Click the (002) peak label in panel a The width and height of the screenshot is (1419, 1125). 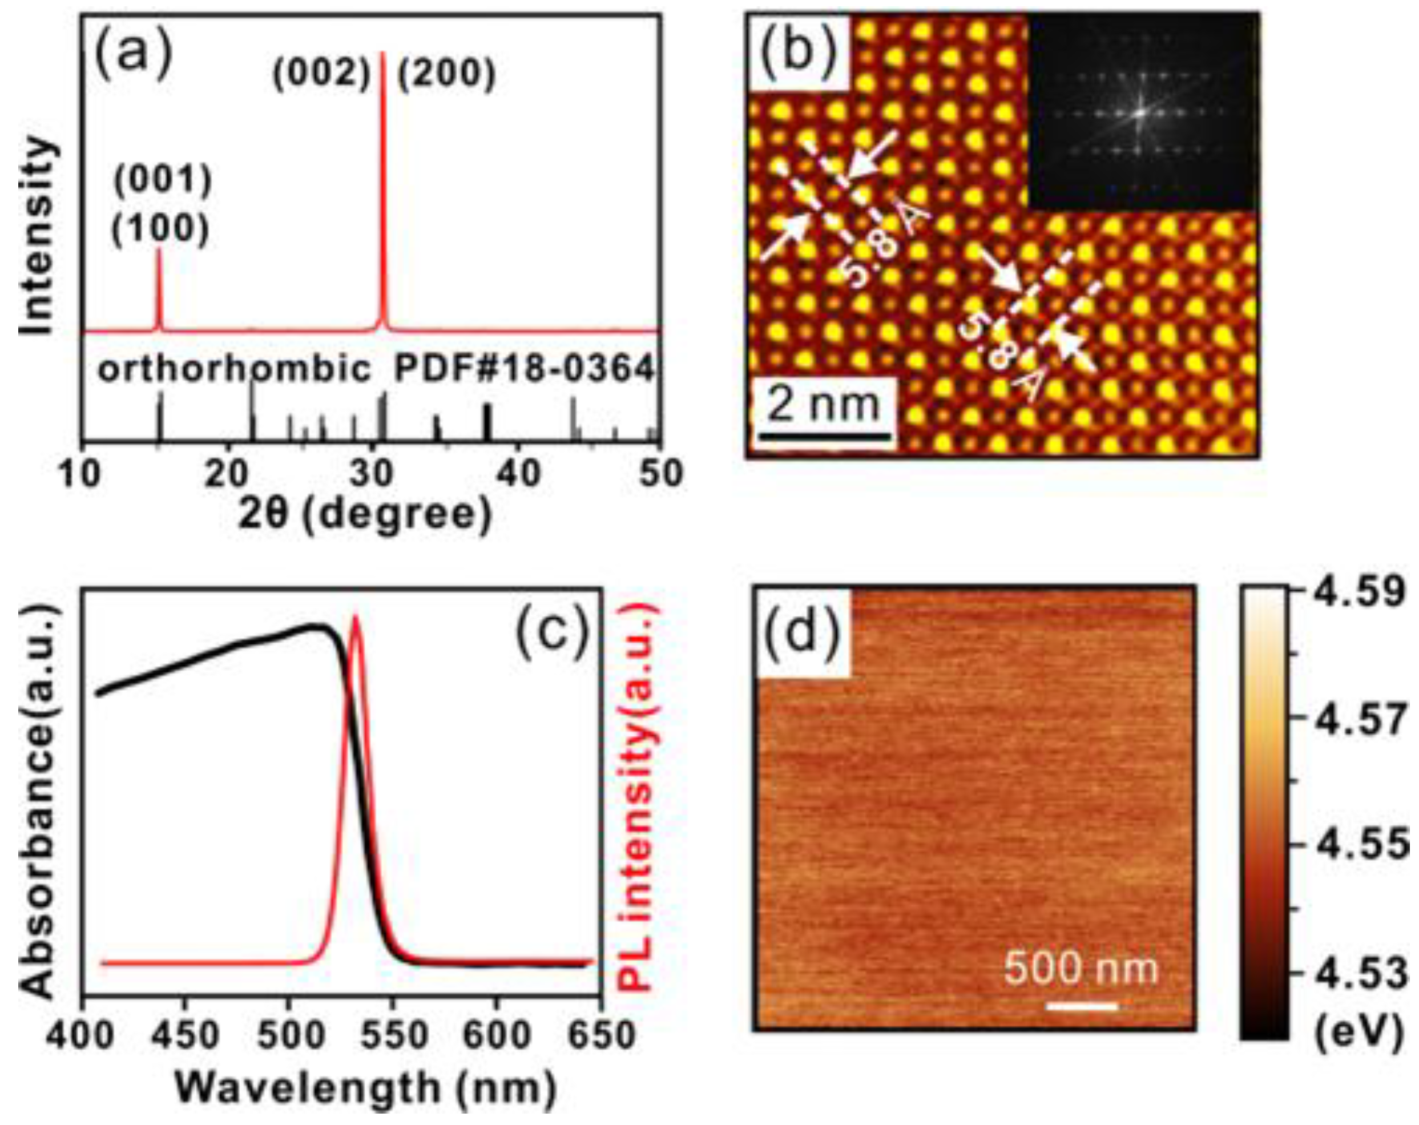pos(321,74)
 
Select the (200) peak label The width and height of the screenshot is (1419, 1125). pos(446,74)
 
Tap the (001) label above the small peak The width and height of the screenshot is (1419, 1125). pos(163,180)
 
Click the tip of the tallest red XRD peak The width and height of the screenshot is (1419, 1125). pos(382,54)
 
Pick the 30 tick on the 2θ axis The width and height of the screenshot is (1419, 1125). pos(372,474)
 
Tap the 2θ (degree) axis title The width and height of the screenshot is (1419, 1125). pos(365,515)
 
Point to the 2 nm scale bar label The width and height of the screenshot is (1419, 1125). pos(823,404)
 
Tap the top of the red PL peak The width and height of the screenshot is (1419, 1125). pos(356,618)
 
